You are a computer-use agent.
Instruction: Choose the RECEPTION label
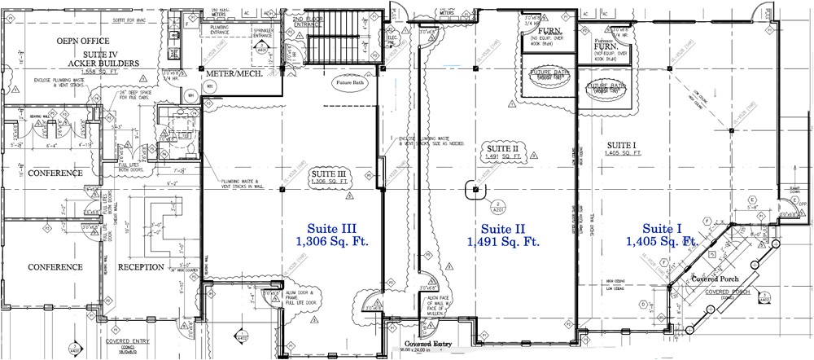tap(142, 266)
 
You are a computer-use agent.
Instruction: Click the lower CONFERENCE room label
tap(56, 266)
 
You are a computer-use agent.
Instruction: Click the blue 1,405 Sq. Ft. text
tap(662, 241)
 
